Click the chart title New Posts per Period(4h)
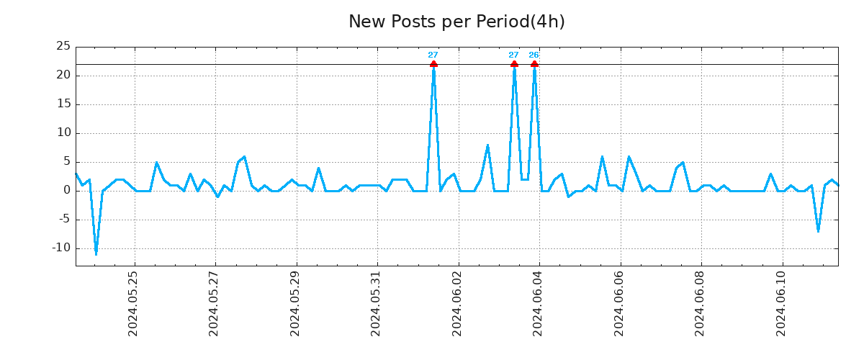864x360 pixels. [x=456, y=22]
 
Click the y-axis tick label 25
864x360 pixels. [x=63, y=46]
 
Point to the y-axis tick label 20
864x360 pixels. [x=63, y=75]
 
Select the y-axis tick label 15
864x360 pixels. [x=63, y=104]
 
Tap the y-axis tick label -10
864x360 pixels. [x=60, y=248]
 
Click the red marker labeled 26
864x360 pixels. [x=534, y=64]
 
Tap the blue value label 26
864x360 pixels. [x=534, y=55]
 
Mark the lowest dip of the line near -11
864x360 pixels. [x=96, y=253]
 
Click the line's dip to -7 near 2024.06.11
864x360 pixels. [x=818, y=230]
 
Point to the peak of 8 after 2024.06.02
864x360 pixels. [x=487, y=145]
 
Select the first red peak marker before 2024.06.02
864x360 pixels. [x=433, y=64]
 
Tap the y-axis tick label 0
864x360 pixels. [x=66, y=190]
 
